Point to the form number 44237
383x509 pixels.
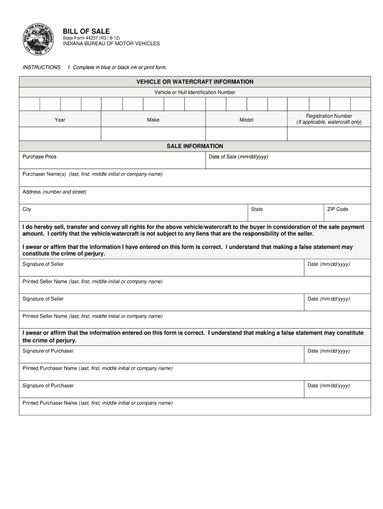(91, 38)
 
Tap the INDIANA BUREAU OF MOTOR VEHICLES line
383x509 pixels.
(111, 44)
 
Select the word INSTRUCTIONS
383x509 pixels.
(42, 67)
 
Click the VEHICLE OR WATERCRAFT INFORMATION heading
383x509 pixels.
(195, 82)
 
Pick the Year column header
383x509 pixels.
(60, 120)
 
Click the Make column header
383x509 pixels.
(153, 120)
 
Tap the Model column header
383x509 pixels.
(246, 120)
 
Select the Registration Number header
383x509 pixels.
(329, 116)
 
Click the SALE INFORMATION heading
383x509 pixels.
(195, 146)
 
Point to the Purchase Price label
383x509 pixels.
(39, 157)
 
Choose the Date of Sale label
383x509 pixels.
(238, 157)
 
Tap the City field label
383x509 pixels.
(27, 209)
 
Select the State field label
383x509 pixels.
(257, 209)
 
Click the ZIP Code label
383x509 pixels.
(338, 209)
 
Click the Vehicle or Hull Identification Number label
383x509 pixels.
(195, 92)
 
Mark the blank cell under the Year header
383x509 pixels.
(60, 134)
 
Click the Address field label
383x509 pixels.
(32, 192)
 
